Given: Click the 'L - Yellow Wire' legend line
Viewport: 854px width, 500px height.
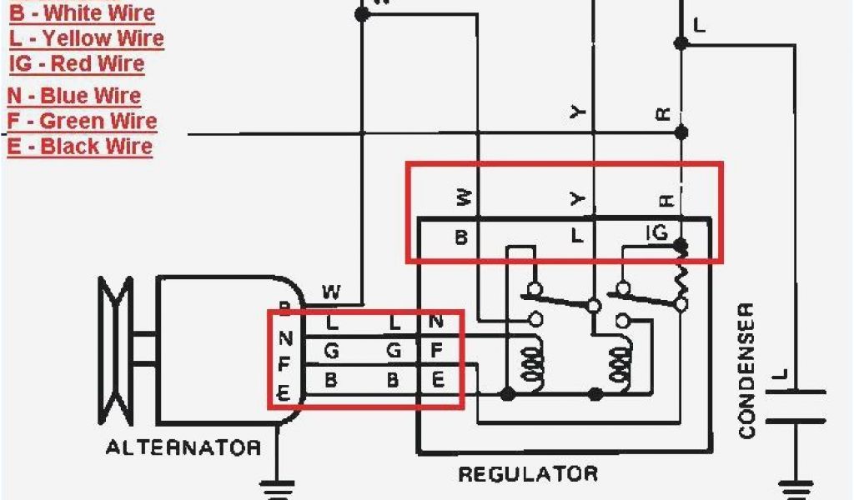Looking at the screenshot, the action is coord(87,38).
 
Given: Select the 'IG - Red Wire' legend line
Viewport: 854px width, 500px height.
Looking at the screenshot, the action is coord(77,64).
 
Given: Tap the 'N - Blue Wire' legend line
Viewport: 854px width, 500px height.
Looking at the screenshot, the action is coord(74,96).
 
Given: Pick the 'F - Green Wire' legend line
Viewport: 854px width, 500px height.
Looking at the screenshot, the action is coord(82,121).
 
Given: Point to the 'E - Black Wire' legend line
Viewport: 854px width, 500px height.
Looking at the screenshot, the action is coord(80,147).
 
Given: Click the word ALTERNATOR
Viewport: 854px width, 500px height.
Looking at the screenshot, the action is coord(183,447).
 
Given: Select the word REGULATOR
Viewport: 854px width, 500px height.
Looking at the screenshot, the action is coord(528,474).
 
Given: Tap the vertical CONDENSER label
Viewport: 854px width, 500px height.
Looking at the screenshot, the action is coord(746,370).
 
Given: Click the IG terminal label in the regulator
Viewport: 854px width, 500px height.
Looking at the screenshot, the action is coord(657,232).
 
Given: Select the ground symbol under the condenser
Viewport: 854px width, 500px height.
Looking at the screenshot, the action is coord(795,487).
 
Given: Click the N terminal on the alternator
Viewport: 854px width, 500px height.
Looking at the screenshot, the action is coord(286,338).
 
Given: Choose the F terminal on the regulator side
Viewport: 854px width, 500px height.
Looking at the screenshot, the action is coord(436,351).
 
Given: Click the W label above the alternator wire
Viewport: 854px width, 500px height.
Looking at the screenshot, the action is coord(331,292).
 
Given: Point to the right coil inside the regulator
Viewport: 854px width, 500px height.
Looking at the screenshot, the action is coord(620,362).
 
